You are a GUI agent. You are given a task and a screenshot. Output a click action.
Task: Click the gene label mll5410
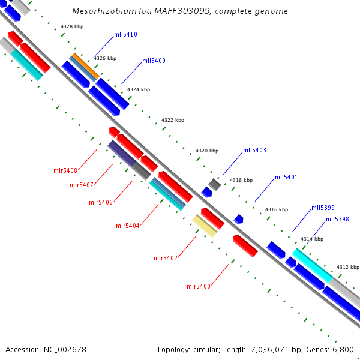(x=125, y=35)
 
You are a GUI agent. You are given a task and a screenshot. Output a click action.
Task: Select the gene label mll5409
(x=154, y=61)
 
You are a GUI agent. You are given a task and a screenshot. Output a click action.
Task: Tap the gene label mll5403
(x=254, y=151)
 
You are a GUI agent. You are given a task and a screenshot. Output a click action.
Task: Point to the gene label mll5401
(x=286, y=178)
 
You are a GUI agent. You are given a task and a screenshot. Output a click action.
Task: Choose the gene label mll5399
(x=323, y=208)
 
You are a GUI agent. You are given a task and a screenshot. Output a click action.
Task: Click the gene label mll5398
(x=337, y=220)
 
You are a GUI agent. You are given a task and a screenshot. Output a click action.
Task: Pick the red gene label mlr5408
(x=65, y=171)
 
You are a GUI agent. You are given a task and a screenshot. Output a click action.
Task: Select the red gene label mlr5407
(x=82, y=185)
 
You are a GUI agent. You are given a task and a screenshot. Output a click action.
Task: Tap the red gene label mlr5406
(x=101, y=203)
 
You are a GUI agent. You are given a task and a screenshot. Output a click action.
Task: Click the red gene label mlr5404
(x=127, y=226)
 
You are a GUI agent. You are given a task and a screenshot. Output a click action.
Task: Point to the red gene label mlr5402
(x=166, y=259)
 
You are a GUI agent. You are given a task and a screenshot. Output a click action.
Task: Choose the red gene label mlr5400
(x=198, y=287)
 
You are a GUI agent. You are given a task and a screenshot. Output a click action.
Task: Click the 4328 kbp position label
(x=72, y=27)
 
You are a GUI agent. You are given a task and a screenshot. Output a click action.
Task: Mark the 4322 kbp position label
(x=172, y=121)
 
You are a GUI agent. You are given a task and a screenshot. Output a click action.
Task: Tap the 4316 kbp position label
(x=277, y=210)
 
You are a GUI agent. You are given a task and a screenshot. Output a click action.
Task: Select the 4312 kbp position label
(x=347, y=268)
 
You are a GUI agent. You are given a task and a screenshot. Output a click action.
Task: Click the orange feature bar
(x=85, y=67)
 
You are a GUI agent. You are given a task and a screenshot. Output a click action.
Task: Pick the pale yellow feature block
(x=205, y=226)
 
